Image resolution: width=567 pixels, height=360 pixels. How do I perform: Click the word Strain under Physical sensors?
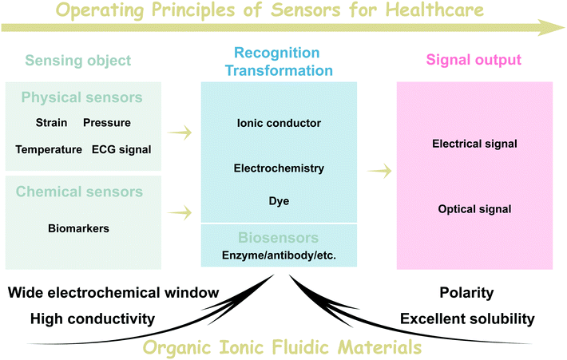(x=51, y=123)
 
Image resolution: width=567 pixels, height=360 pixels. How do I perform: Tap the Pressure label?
(x=106, y=123)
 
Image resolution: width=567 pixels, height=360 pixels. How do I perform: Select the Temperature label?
(x=49, y=149)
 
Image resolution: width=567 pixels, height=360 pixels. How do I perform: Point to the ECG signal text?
(x=121, y=149)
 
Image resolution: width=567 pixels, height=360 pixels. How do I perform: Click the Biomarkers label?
(x=78, y=228)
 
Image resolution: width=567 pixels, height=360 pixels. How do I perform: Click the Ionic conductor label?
(x=279, y=123)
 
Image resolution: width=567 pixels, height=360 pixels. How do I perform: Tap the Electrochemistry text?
(x=279, y=168)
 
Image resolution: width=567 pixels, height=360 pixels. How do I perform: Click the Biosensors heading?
(x=279, y=238)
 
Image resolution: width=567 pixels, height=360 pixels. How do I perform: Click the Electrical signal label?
(x=474, y=144)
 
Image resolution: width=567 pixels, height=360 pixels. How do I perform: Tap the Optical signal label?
(x=474, y=209)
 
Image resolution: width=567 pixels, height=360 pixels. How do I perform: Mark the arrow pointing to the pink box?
(x=379, y=169)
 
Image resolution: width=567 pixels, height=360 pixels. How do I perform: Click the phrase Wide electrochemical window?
(x=113, y=293)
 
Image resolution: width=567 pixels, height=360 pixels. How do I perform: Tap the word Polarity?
(x=466, y=293)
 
